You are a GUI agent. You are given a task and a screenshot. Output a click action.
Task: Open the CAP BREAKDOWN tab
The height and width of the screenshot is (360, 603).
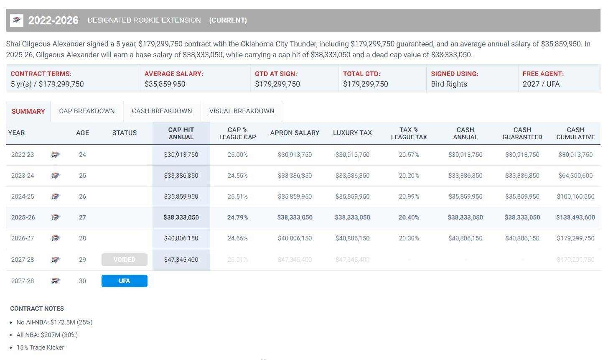(x=87, y=111)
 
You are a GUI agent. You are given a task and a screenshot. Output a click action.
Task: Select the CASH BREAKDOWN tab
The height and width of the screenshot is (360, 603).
(x=162, y=111)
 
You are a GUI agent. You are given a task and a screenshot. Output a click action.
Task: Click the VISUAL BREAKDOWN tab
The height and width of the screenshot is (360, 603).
(x=242, y=111)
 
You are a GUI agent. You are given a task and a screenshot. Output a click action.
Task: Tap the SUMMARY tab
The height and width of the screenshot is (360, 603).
(x=28, y=112)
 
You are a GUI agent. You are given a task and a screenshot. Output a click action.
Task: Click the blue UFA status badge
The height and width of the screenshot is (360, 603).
(x=124, y=281)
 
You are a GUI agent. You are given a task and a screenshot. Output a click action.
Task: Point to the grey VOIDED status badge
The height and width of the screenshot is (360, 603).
(x=124, y=260)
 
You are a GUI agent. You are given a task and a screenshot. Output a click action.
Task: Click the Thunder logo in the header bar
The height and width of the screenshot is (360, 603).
(x=17, y=20)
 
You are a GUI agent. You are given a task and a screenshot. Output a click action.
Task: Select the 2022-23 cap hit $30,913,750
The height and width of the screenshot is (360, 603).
(x=181, y=155)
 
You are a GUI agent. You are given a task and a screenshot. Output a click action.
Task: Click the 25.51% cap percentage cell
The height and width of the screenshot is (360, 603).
(x=237, y=197)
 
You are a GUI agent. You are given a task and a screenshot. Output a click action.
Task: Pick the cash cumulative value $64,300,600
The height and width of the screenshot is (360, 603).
(x=575, y=176)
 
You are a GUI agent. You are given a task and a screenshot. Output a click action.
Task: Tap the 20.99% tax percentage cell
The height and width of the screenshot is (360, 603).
(x=409, y=197)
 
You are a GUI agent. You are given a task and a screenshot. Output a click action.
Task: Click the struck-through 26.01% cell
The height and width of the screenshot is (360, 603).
(x=237, y=260)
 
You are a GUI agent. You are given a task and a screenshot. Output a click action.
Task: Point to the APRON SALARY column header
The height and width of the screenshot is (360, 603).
(x=295, y=133)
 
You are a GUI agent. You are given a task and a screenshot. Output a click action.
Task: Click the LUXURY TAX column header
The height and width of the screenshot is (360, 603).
(x=352, y=133)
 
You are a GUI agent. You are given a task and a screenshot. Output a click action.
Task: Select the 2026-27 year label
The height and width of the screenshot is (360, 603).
(x=23, y=238)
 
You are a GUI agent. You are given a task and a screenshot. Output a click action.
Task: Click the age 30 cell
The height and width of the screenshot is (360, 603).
(x=82, y=281)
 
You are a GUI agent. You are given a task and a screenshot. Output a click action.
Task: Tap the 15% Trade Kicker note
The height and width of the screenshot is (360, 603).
(x=40, y=347)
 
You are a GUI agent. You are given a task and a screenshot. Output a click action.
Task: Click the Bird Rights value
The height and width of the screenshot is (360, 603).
(x=449, y=84)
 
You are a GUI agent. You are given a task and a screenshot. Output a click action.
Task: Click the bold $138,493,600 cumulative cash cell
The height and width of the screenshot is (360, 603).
(x=575, y=217)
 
